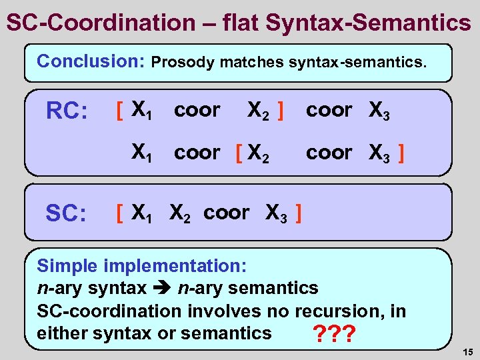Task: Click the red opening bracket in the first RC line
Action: point(119,110)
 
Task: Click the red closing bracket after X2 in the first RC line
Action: point(282,110)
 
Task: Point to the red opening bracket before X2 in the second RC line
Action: point(238,153)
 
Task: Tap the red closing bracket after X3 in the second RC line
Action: point(400,153)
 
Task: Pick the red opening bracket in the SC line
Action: point(119,214)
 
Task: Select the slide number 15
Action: point(466,352)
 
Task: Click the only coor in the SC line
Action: point(226,213)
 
